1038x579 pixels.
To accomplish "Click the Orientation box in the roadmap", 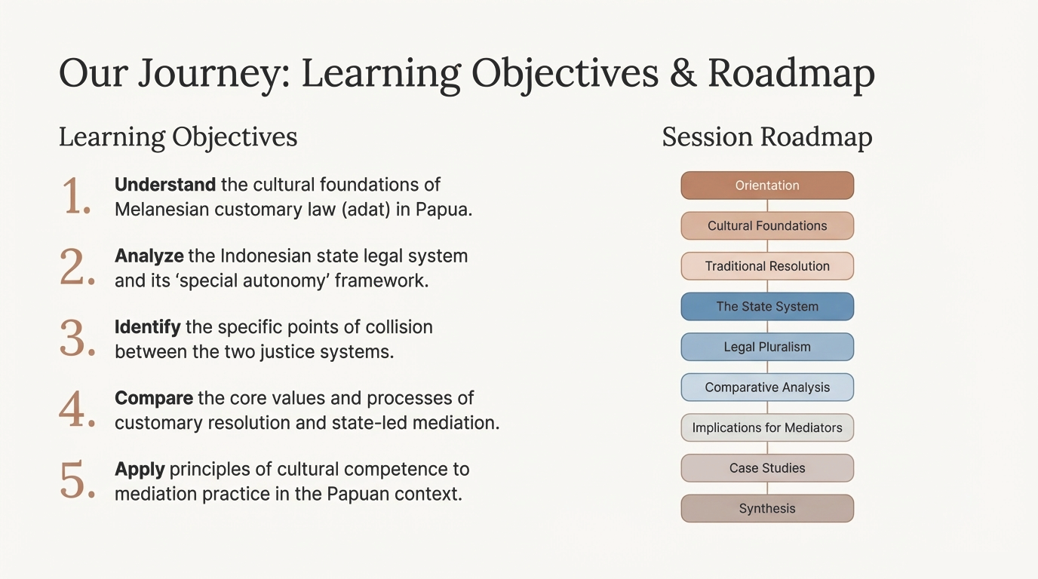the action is click(767, 185).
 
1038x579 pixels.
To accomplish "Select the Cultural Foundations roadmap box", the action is click(767, 225).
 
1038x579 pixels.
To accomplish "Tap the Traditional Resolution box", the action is click(767, 266).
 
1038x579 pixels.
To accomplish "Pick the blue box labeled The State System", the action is click(767, 306).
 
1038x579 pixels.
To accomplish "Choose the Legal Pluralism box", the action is click(767, 347).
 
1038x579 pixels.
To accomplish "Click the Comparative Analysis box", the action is click(767, 388).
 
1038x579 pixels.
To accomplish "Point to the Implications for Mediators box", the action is click(767, 427).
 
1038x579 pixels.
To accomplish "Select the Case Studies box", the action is click(767, 468).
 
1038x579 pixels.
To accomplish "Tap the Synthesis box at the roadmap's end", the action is click(767, 508).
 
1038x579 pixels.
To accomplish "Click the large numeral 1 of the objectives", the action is click(76, 197).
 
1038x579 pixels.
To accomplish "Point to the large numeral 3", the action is click(78, 339).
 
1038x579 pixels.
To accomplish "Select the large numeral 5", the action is click(78, 480).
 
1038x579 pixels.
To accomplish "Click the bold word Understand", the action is click(165, 185).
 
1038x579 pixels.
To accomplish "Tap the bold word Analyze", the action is click(149, 256).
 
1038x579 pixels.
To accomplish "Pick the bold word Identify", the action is click(148, 327).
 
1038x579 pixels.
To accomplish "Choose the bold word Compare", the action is click(154, 398).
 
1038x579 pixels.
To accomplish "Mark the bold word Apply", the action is click(140, 470).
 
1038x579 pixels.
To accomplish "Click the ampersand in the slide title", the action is click(683, 73).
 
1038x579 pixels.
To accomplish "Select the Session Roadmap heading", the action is click(767, 137).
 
